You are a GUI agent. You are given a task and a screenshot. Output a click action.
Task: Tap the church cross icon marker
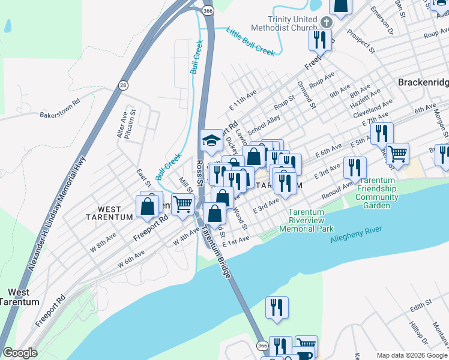tap(326, 22)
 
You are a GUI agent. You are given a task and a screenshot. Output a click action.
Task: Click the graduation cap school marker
tap(211, 142)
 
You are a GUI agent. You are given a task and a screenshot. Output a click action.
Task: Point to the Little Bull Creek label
tap(250, 41)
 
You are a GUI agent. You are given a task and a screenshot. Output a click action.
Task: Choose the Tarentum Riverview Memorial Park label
tap(310, 220)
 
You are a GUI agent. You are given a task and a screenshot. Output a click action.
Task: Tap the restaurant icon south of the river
tap(277, 307)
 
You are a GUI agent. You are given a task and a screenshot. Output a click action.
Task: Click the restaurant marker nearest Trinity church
tap(319, 40)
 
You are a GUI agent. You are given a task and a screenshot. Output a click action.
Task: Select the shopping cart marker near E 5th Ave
tap(397, 154)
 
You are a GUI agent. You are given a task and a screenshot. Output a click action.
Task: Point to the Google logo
tap(20, 353)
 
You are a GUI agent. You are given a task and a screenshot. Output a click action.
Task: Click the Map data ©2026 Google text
tap(412, 355)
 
